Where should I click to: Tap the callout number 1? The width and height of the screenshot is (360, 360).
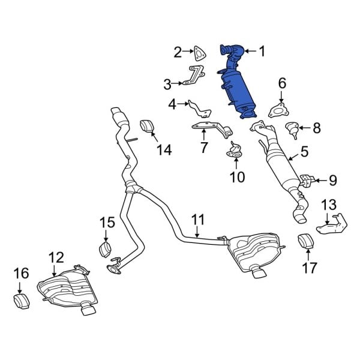262,52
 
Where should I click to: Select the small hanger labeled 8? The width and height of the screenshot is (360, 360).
292,128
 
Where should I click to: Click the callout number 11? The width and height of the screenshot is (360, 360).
198,220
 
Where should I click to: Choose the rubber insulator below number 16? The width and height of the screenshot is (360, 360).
22,300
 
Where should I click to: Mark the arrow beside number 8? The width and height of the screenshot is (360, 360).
305,127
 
